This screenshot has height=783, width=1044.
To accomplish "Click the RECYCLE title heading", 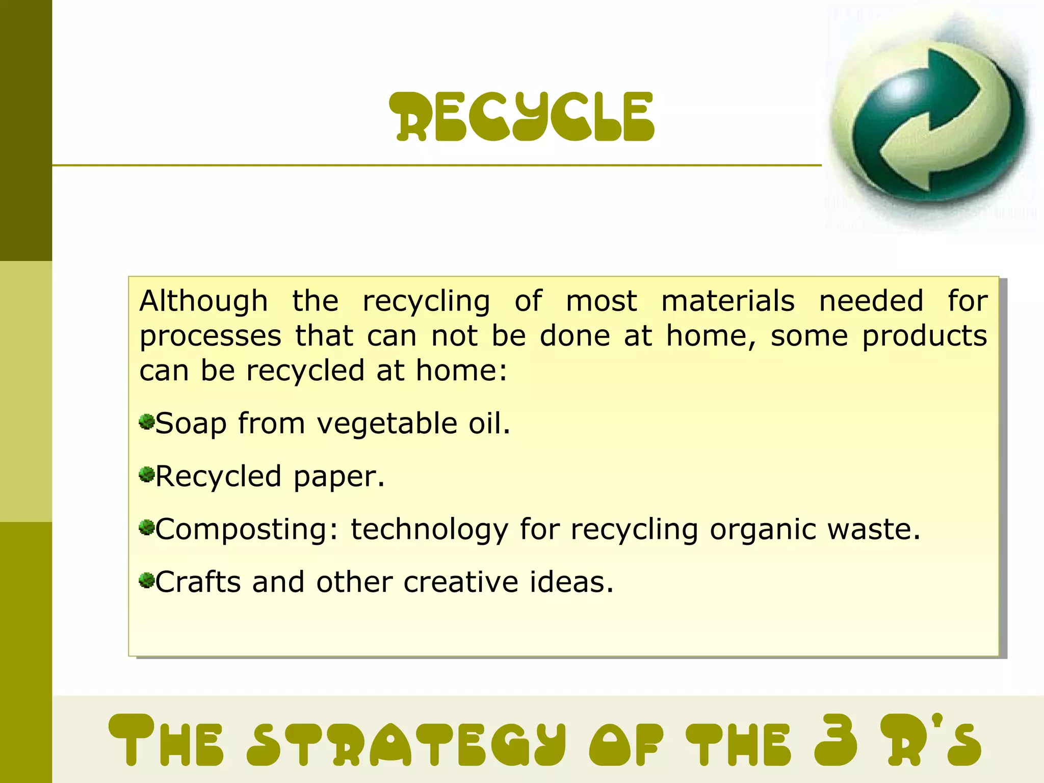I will pos(521,117).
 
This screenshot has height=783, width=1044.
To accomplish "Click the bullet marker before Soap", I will pos(147,422).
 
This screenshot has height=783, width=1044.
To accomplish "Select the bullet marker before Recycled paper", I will pos(147,475).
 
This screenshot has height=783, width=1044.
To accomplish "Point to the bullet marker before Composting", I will pos(147,528).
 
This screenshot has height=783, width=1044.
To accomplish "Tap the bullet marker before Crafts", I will pos(147,581).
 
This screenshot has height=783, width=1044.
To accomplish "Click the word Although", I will pos(203,301).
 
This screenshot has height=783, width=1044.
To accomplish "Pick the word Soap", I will pos(191,424).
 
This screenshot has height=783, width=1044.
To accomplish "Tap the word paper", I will pos(338,477).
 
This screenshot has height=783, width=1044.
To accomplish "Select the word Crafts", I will pos(198,582).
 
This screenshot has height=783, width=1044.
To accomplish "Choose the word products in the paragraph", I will pos(924,336).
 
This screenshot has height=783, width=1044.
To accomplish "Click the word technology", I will pos(429,530).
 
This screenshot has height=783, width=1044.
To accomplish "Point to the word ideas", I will pos(571,582).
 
